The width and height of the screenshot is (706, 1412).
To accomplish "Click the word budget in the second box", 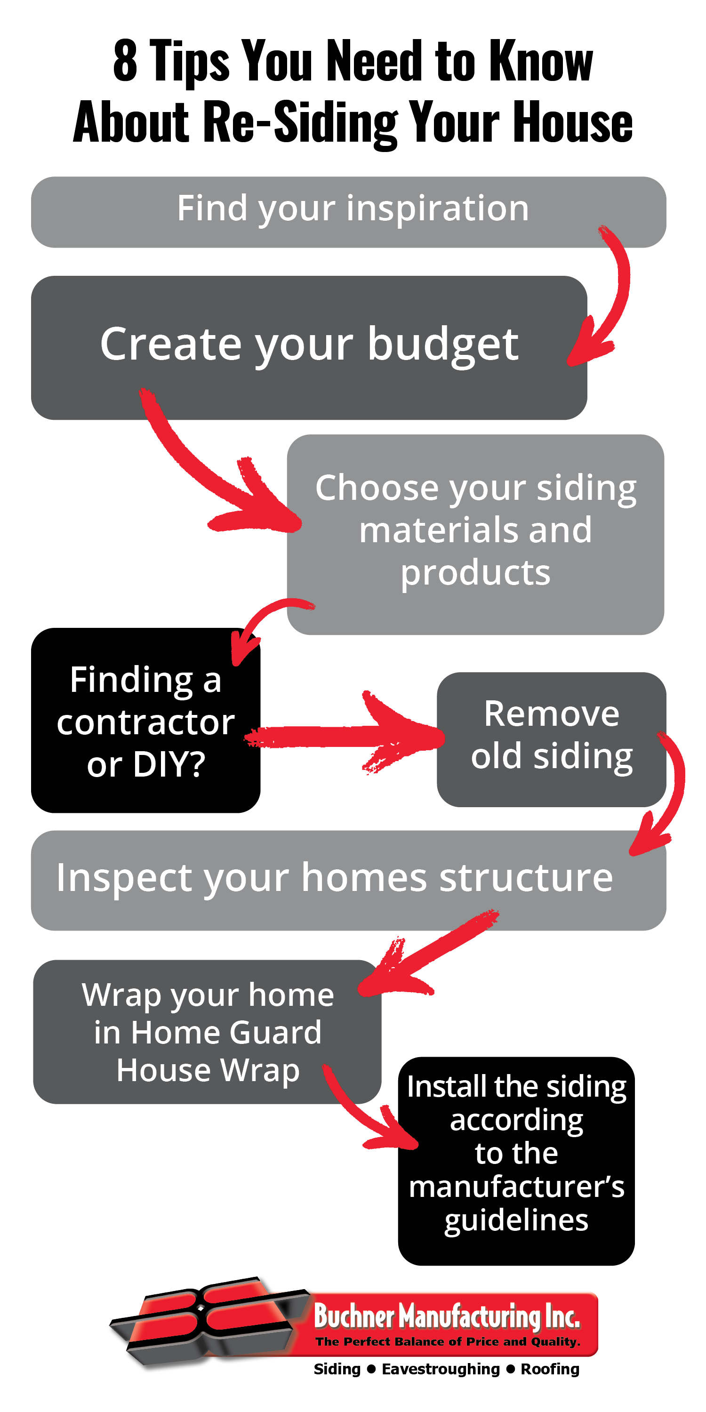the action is click(443, 345).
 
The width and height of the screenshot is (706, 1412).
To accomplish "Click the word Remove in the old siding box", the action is click(552, 714).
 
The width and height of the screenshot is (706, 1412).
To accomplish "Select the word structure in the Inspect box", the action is click(526, 878).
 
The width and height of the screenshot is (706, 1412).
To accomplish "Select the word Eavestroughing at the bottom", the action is click(441, 1369).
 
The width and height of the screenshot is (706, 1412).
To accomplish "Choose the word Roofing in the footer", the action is click(550, 1369).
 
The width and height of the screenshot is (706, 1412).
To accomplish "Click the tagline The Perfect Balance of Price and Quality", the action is click(448, 1341).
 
